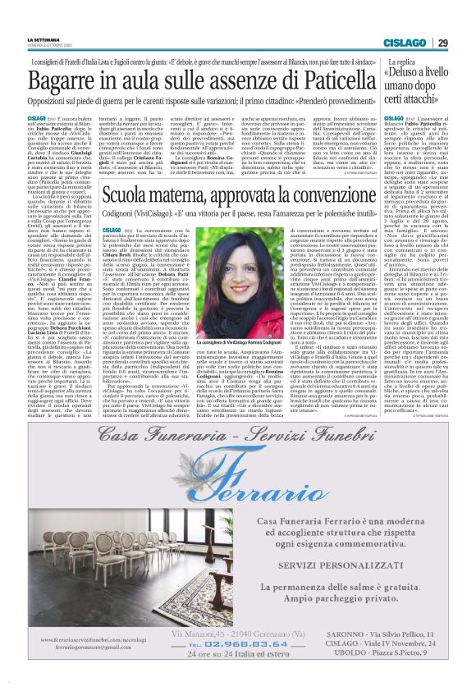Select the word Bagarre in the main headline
[66, 80]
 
